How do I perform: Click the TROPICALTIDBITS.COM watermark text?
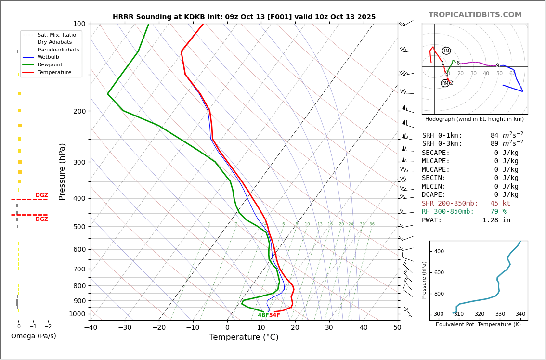(475, 15)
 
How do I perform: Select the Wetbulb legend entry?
(48, 57)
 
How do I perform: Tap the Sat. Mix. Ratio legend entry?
(56, 35)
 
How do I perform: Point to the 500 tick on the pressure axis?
(79, 227)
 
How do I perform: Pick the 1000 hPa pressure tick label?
(78, 314)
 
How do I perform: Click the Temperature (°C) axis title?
(244, 338)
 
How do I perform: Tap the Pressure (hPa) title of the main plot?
(62, 171)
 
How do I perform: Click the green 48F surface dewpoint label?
(263, 315)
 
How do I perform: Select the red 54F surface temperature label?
(274, 315)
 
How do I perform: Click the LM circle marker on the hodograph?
(446, 51)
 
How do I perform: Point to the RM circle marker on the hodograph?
(445, 83)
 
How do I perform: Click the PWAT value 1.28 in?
(496, 220)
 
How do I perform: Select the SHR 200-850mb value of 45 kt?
(500, 204)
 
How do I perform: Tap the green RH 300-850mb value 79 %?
(498, 212)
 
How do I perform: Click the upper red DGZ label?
(42, 195)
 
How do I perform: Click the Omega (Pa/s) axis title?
(33, 336)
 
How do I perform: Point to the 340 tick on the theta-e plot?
(520, 314)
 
